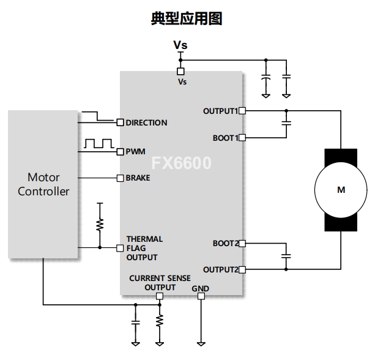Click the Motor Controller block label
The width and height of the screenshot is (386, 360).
43,184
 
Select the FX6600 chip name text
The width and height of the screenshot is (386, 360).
181,163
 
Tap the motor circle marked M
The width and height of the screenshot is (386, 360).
341,190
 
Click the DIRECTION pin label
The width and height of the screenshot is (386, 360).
146,122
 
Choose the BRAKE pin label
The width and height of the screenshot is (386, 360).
138,178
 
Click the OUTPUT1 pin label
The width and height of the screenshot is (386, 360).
220,111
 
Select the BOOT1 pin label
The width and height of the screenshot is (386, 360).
225,138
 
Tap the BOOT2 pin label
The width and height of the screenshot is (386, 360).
225,243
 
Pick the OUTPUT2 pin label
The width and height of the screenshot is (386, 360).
220,269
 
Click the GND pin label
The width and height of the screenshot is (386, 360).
200,288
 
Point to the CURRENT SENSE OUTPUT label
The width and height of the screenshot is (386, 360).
160,282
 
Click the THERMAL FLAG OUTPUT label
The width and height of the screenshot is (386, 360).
144,248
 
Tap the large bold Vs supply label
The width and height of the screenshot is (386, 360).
180,45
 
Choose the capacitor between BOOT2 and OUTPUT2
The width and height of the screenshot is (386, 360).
286,255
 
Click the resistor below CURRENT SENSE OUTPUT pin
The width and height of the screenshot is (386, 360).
160,320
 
